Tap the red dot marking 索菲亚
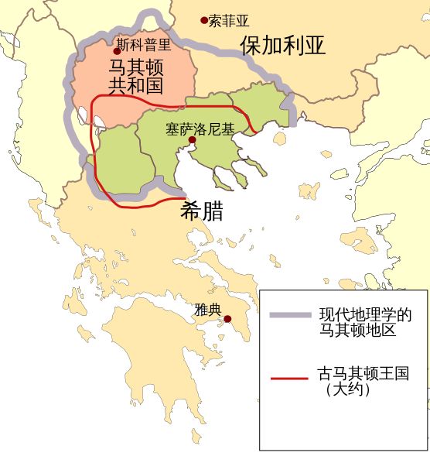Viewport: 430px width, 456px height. pyautogui.click(x=204, y=20)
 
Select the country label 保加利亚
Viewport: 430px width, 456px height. pyautogui.click(x=282, y=45)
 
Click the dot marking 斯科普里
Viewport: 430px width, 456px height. pyautogui.click(x=117, y=51)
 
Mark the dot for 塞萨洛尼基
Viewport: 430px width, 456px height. pyautogui.click(x=191, y=140)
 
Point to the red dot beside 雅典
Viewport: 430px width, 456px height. pyautogui.click(x=227, y=319)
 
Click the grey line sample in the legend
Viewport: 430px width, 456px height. pyautogui.click(x=291, y=316)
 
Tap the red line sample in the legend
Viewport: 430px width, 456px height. pyautogui.click(x=291, y=379)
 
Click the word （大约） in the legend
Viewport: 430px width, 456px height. pyautogui.click(x=347, y=392)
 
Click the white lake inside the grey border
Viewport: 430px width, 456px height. pyautogui.click(x=83, y=117)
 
